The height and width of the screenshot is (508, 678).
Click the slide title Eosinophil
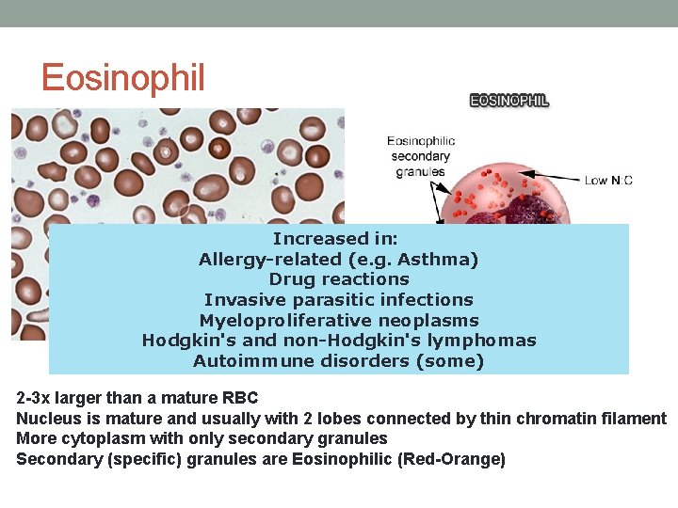point(123,78)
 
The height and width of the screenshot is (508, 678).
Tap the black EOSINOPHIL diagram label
point(508,101)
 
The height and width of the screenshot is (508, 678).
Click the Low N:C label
point(608,181)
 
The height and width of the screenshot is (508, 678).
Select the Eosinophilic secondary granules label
point(421,156)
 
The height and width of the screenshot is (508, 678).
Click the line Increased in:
point(335,239)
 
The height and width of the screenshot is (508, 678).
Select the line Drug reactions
point(339,279)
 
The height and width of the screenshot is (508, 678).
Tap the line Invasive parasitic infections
point(339,300)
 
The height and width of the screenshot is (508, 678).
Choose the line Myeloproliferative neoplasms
point(339,321)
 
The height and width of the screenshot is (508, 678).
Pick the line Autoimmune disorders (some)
point(339,361)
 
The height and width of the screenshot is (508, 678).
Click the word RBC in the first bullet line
point(240,399)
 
